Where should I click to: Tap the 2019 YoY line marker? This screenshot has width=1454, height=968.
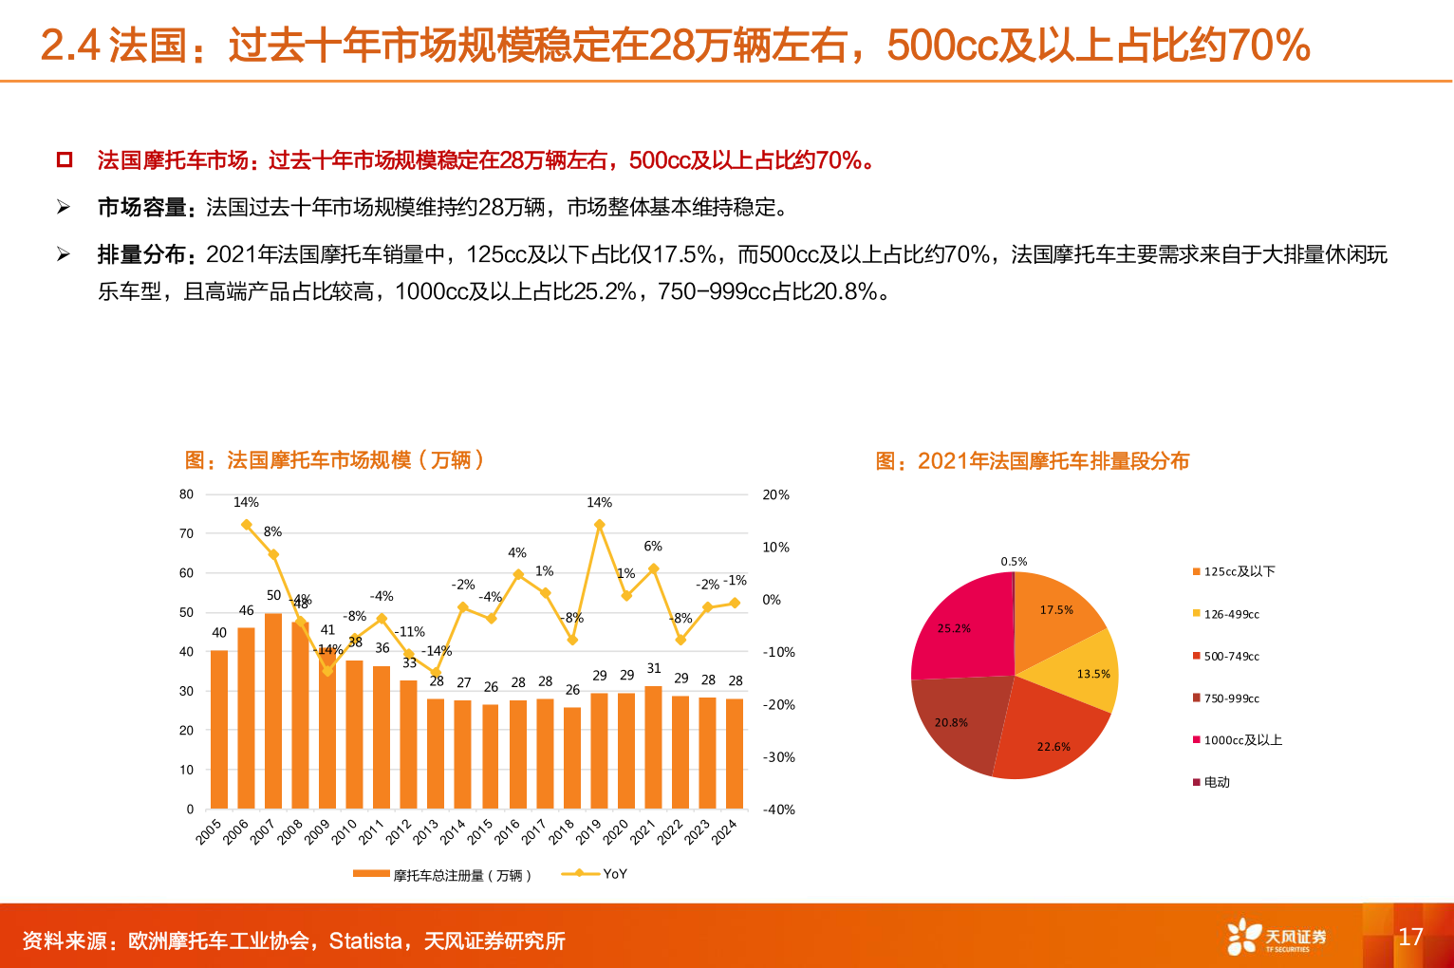(x=599, y=524)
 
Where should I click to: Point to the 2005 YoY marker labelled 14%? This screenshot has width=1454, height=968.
(x=247, y=524)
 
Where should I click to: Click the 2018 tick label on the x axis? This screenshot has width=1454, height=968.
(x=562, y=831)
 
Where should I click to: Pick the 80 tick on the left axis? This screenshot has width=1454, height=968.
(x=186, y=494)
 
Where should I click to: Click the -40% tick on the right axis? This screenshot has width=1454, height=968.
(x=778, y=810)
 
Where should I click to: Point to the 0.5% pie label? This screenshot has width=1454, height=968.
(x=1014, y=562)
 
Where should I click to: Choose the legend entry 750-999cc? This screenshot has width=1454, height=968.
(x=1231, y=698)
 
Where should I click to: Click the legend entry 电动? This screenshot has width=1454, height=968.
(x=1216, y=782)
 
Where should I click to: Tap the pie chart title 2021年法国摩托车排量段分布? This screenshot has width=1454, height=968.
(x=1032, y=461)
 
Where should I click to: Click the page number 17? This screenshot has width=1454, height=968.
(x=1410, y=937)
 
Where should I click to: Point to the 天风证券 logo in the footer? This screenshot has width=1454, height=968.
(x=1276, y=938)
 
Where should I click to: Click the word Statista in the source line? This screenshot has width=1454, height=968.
(x=365, y=941)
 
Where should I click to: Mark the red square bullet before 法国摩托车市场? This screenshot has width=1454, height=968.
(x=65, y=159)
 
